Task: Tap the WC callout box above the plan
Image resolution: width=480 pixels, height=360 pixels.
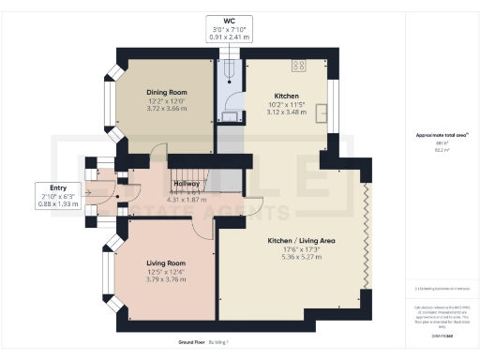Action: pos(228,28)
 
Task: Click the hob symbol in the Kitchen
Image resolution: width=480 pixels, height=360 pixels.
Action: pos(302,66)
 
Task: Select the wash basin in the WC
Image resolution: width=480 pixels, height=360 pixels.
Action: pos(228,115)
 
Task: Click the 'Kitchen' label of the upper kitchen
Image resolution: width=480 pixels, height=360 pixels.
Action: pos(286,97)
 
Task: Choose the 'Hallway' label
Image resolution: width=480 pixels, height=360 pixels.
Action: pos(185,184)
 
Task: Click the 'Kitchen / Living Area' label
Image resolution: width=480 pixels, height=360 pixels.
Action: pos(301,242)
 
